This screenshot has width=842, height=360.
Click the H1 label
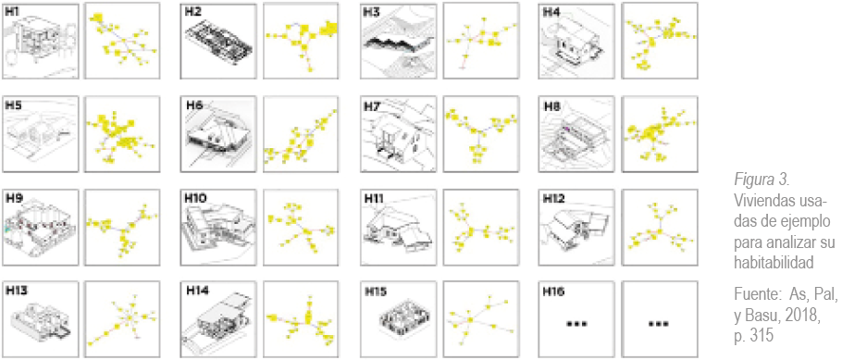coord(12,11)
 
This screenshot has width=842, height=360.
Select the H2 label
coord(193,11)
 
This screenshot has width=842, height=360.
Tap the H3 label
coord(372,11)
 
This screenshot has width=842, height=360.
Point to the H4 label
coord(551,11)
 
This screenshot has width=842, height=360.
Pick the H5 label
coord(13,105)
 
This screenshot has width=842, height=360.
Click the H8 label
coord(551,105)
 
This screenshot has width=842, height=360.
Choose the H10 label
coord(196,198)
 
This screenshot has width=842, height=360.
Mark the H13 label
coord(17,292)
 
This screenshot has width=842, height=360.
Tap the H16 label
coord(553,292)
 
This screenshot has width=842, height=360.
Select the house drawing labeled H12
coord(579,228)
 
